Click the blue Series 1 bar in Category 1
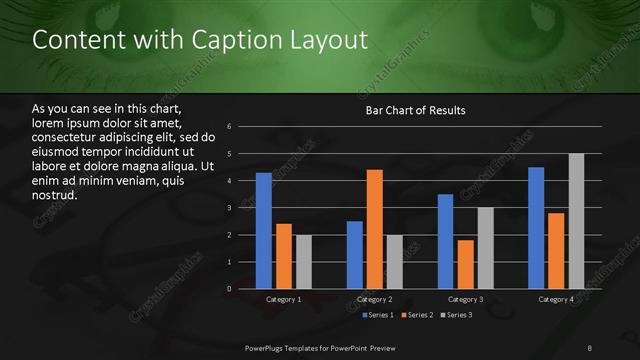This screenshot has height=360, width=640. [x=263, y=231]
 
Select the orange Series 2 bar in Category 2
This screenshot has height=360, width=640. [x=375, y=229]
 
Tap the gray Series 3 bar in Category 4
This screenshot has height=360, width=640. [x=576, y=221]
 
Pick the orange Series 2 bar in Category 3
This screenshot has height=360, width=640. [x=465, y=264]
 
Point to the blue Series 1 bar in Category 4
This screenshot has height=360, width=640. [x=536, y=228]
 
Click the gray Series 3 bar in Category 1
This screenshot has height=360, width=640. [x=303, y=262]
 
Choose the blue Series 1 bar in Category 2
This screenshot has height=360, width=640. [x=355, y=255]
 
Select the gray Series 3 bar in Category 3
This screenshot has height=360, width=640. [x=485, y=248]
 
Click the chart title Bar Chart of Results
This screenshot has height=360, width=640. [x=415, y=110]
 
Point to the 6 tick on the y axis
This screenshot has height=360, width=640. [x=230, y=127]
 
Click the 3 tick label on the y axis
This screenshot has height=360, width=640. [x=230, y=208]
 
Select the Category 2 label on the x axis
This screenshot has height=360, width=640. [x=374, y=299]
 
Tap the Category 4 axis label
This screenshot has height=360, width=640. [x=556, y=299]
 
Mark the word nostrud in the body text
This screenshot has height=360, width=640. [x=54, y=194]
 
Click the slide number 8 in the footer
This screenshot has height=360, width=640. [x=589, y=346]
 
